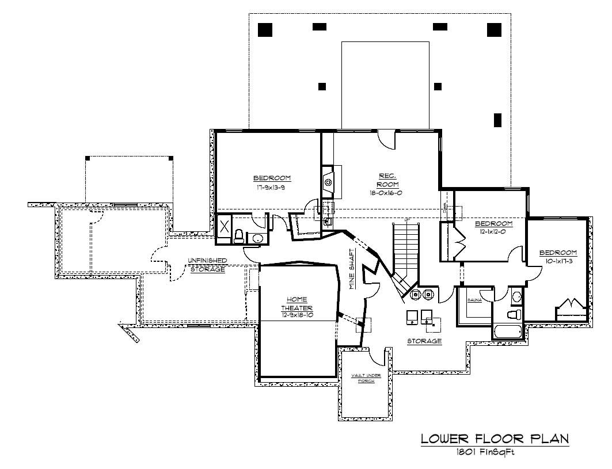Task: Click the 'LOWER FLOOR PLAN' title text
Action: pos(495,439)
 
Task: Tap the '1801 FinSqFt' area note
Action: pos(484,452)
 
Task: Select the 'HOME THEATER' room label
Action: pos(298,303)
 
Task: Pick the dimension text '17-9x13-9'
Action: pos(272,187)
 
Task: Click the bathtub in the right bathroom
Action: pos(507,332)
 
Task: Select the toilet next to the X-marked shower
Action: pos(239,235)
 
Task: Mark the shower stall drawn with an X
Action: pos(223,226)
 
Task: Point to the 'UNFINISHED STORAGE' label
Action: pos(207,265)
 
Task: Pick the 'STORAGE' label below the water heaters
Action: pos(424,341)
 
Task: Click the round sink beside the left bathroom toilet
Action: pos(257,238)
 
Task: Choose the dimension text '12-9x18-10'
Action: pos(298,315)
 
